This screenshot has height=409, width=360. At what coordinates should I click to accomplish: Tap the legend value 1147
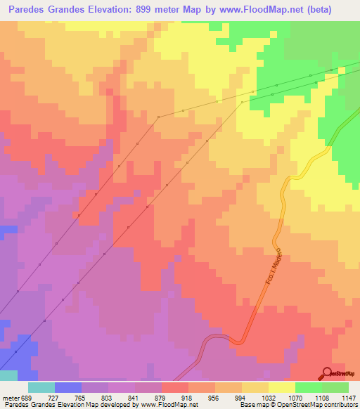coord(349,398)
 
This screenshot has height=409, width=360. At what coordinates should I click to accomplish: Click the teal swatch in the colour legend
coord(41,387)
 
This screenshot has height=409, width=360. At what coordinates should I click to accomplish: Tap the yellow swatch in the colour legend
coord(282,387)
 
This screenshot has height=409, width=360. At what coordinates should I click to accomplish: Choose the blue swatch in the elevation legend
coord(68,387)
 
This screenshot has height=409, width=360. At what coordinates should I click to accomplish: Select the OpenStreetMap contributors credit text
coord(328,405)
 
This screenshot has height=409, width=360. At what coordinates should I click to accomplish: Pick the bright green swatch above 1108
coord(309,387)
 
